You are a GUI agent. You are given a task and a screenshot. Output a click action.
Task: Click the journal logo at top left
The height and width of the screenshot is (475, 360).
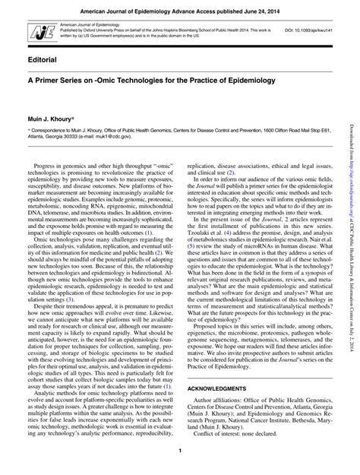(x=35, y=30)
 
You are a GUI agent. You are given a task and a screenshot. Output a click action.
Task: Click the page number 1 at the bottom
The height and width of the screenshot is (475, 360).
(x=179, y=454)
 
